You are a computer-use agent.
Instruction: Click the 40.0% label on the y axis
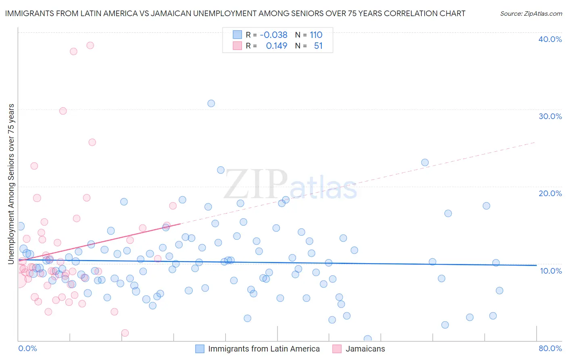point(550,39)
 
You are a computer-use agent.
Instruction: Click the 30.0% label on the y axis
point(550,116)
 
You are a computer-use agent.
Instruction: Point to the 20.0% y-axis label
point(550,193)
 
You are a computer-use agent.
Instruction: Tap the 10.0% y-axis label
point(551,271)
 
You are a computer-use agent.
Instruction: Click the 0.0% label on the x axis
point(27,348)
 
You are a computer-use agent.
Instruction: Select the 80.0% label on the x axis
point(550,348)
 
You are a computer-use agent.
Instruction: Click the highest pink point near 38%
point(90,45)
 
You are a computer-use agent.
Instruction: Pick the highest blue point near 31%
point(211,103)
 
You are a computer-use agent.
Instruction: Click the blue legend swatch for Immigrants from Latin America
point(200,349)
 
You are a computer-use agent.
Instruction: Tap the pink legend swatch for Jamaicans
point(337,349)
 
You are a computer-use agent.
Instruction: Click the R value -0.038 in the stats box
point(273,35)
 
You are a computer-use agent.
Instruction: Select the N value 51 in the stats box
point(318,46)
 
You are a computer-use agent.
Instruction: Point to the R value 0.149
point(276,46)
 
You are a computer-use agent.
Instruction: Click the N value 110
point(316,35)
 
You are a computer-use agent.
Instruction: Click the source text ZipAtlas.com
point(531,14)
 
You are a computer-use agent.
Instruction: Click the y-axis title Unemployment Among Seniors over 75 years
point(11,184)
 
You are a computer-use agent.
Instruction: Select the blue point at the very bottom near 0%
point(367,339)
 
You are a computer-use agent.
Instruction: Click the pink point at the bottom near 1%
point(125,333)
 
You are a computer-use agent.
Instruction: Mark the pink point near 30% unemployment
point(63,111)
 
